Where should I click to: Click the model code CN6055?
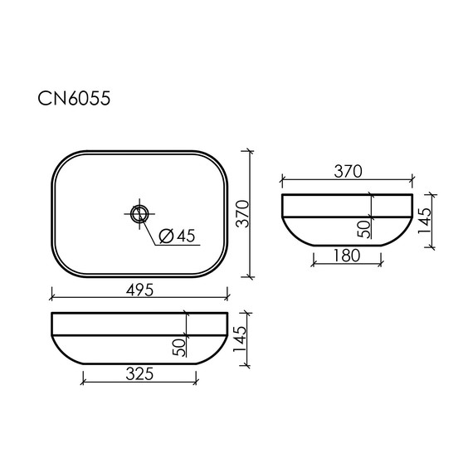click(x=76, y=100)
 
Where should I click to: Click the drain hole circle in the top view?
click(x=139, y=213)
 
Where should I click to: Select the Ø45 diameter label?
click(x=175, y=236)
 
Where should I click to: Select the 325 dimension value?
click(x=138, y=374)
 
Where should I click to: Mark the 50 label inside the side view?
click(x=364, y=225)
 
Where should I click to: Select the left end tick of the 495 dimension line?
click(x=51, y=296)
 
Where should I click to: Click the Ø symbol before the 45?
click(x=164, y=236)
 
